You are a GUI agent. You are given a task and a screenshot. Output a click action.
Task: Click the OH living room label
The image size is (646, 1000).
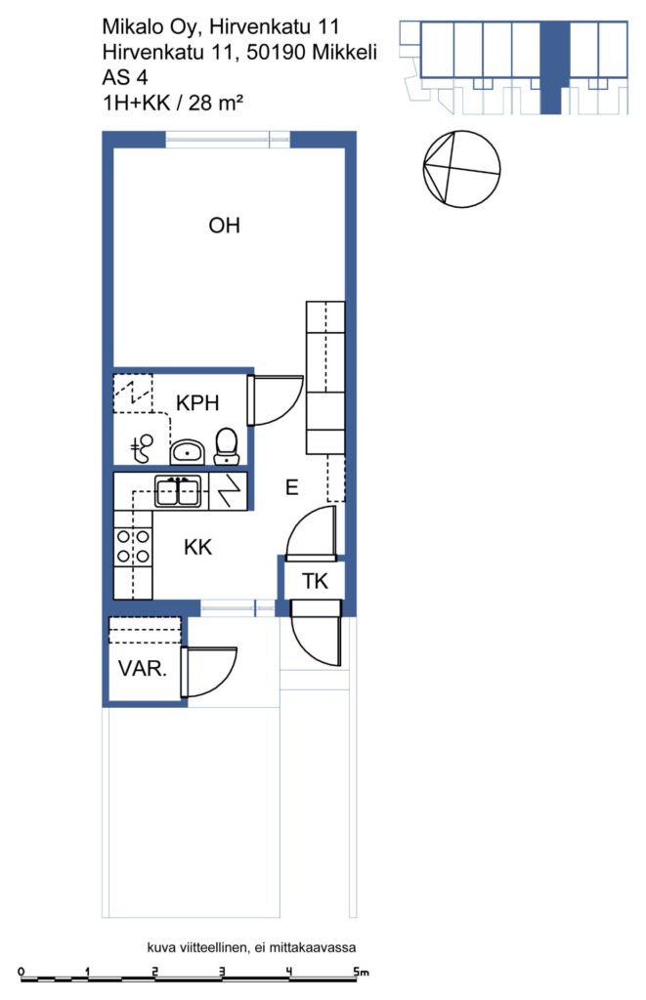point(224,226)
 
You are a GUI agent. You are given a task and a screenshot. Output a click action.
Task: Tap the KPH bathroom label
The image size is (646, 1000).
point(197,403)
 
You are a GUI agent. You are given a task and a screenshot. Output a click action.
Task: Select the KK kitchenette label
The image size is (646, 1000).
point(197,547)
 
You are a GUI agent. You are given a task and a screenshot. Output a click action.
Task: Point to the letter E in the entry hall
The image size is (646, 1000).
point(291,488)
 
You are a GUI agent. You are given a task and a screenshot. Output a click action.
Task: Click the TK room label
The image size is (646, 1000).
point(315,581)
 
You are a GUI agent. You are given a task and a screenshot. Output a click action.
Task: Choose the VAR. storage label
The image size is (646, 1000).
point(143,668)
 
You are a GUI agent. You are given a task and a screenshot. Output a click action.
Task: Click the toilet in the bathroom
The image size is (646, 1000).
point(227,445)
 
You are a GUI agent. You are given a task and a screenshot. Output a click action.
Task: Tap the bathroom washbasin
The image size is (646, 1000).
point(187,451)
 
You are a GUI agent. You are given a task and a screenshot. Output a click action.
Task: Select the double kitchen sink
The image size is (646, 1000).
point(179,491)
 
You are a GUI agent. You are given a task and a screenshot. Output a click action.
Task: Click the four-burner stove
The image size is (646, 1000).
point(133,547)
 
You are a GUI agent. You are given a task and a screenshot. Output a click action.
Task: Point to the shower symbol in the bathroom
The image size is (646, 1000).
point(142,448)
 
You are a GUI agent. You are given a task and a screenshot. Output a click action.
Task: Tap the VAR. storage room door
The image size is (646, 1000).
point(209,672)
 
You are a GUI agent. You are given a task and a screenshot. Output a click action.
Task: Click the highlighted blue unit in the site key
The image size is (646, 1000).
point(554,67)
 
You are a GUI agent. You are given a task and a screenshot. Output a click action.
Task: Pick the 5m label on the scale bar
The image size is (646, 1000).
point(362,972)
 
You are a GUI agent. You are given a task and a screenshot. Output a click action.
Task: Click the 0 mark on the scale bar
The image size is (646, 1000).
point(22,972)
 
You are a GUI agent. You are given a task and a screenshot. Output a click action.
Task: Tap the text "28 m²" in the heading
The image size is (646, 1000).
point(215,102)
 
